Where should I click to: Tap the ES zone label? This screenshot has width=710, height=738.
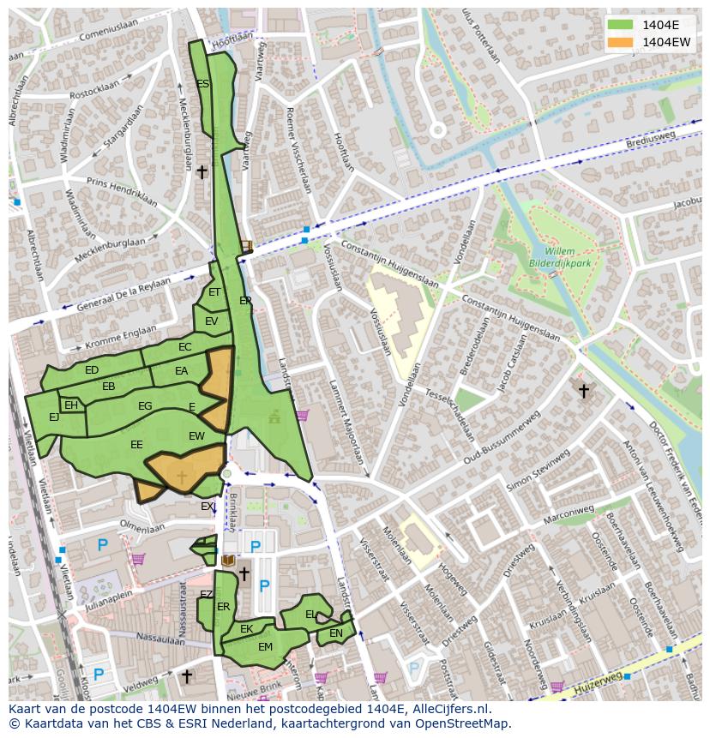click(203, 84)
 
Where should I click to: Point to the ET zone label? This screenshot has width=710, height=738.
click(214, 292)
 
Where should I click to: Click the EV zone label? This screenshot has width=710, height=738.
click(211, 321)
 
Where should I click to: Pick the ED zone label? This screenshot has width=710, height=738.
click(92, 370)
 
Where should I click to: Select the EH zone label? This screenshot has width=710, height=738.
click(71, 405)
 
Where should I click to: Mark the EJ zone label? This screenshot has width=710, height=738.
click(54, 417)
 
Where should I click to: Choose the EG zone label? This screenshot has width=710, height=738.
click(145, 406)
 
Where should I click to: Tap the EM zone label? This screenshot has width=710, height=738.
click(265, 647)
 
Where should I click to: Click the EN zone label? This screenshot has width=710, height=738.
click(336, 633)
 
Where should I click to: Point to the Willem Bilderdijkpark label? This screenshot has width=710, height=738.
click(559, 258)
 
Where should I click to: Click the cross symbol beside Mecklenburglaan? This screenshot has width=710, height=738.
click(202, 172)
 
